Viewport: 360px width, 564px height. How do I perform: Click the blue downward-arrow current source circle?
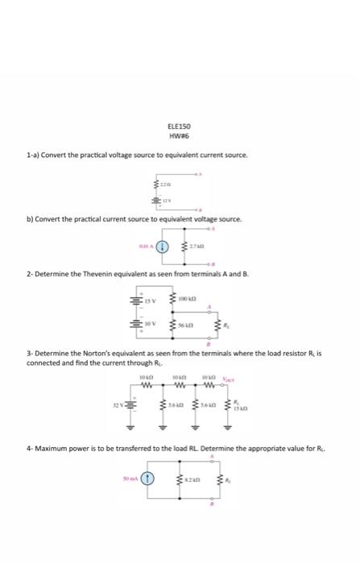[162, 247]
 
